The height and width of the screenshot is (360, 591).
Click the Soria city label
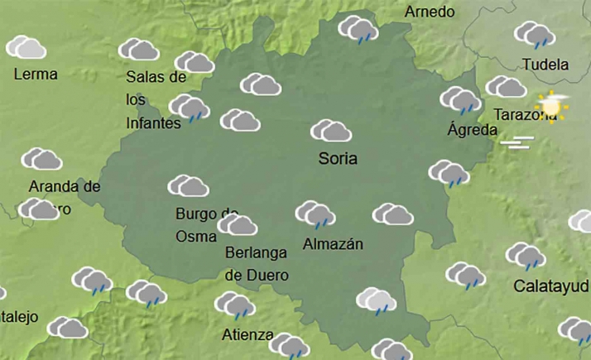[338, 158]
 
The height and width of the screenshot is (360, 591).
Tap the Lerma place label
[36, 74]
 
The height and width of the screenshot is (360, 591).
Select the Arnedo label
[430, 12]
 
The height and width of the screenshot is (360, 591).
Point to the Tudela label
[546, 65]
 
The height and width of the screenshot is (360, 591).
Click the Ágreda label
[472, 129]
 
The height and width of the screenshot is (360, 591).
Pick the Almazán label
[333, 243]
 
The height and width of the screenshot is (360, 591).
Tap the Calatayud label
[551, 286]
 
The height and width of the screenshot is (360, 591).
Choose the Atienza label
[247, 334]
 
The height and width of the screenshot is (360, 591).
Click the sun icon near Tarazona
[551, 106]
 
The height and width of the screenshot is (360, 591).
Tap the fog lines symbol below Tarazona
[520, 142]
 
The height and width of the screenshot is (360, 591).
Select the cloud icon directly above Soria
[331, 131]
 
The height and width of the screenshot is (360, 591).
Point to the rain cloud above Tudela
[535, 35]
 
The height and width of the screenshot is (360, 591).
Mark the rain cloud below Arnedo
[358, 29]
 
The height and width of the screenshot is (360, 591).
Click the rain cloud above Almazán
[315, 214]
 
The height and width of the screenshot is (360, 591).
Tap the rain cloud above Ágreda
[461, 100]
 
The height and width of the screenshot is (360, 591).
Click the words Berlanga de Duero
[257, 264]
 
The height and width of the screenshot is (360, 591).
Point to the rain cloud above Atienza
[235, 305]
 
